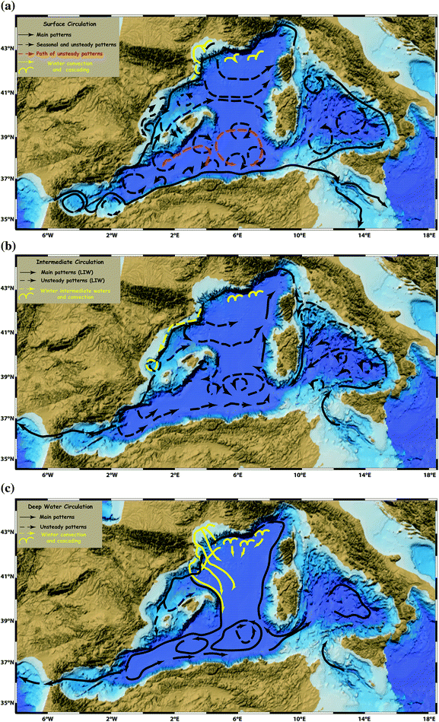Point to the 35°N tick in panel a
[x=9, y=220]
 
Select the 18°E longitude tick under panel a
[x=428, y=236]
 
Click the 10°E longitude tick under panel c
[x=301, y=716]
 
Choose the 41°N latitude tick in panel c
[x=9, y=576]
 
